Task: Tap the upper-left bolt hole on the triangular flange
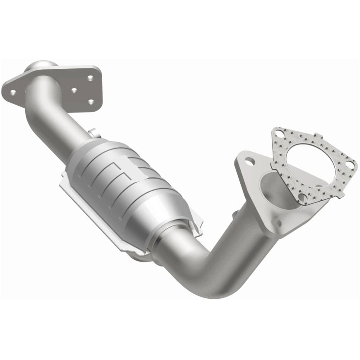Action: click(x=247, y=161)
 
